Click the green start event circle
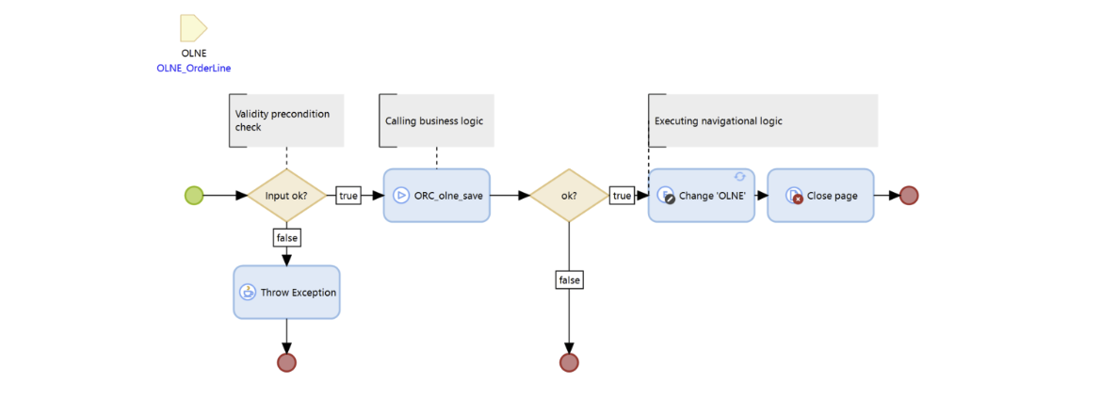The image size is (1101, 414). tap(194, 196)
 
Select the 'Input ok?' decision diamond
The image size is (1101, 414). tap(286, 196)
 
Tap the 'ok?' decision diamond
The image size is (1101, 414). tap(569, 196)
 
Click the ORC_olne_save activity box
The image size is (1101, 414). tap(436, 196)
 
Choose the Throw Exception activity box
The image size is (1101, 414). tap(286, 293)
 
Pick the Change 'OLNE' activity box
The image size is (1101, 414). tap(702, 196)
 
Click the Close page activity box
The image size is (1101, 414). tap(820, 196)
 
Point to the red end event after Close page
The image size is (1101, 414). tap(909, 196)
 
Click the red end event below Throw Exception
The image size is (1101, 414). tap(286, 362)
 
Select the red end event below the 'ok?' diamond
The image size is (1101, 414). tap(569, 362)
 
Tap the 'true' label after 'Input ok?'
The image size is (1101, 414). tap(348, 196)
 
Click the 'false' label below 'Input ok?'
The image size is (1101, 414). tap(286, 238)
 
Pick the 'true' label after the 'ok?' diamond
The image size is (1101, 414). tap(622, 196)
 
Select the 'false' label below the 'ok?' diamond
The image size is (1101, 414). tap(569, 279)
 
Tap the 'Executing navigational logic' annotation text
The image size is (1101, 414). tap(719, 121)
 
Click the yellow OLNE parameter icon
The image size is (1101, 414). tap(193, 28)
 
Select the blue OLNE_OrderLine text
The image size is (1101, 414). tap(194, 68)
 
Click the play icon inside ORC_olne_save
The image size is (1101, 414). tap(401, 196)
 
